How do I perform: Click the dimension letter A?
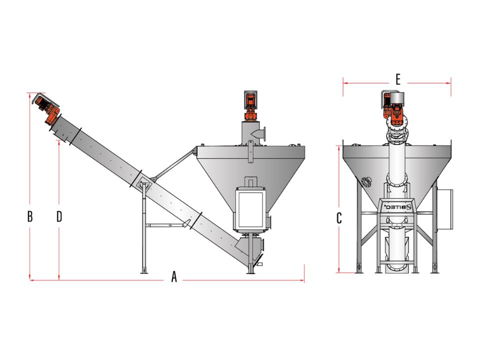click(x=174, y=276)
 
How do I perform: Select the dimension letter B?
click(x=30, y=216)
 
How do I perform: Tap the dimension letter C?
click(x=339, y=218)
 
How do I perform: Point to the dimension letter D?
click(x=59, y=216)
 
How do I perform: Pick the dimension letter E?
click(x=398, y=79)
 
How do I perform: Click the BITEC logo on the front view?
click(x=396, y=207)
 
